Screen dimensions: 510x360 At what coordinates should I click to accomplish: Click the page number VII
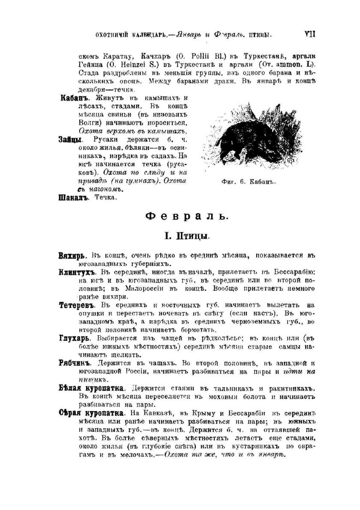(309, 34)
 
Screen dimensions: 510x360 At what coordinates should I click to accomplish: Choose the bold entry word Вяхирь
(69, 256)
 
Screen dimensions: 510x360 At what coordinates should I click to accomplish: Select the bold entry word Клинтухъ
(74, 272)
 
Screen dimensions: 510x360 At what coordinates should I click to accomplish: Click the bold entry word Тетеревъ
(75, 305)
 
